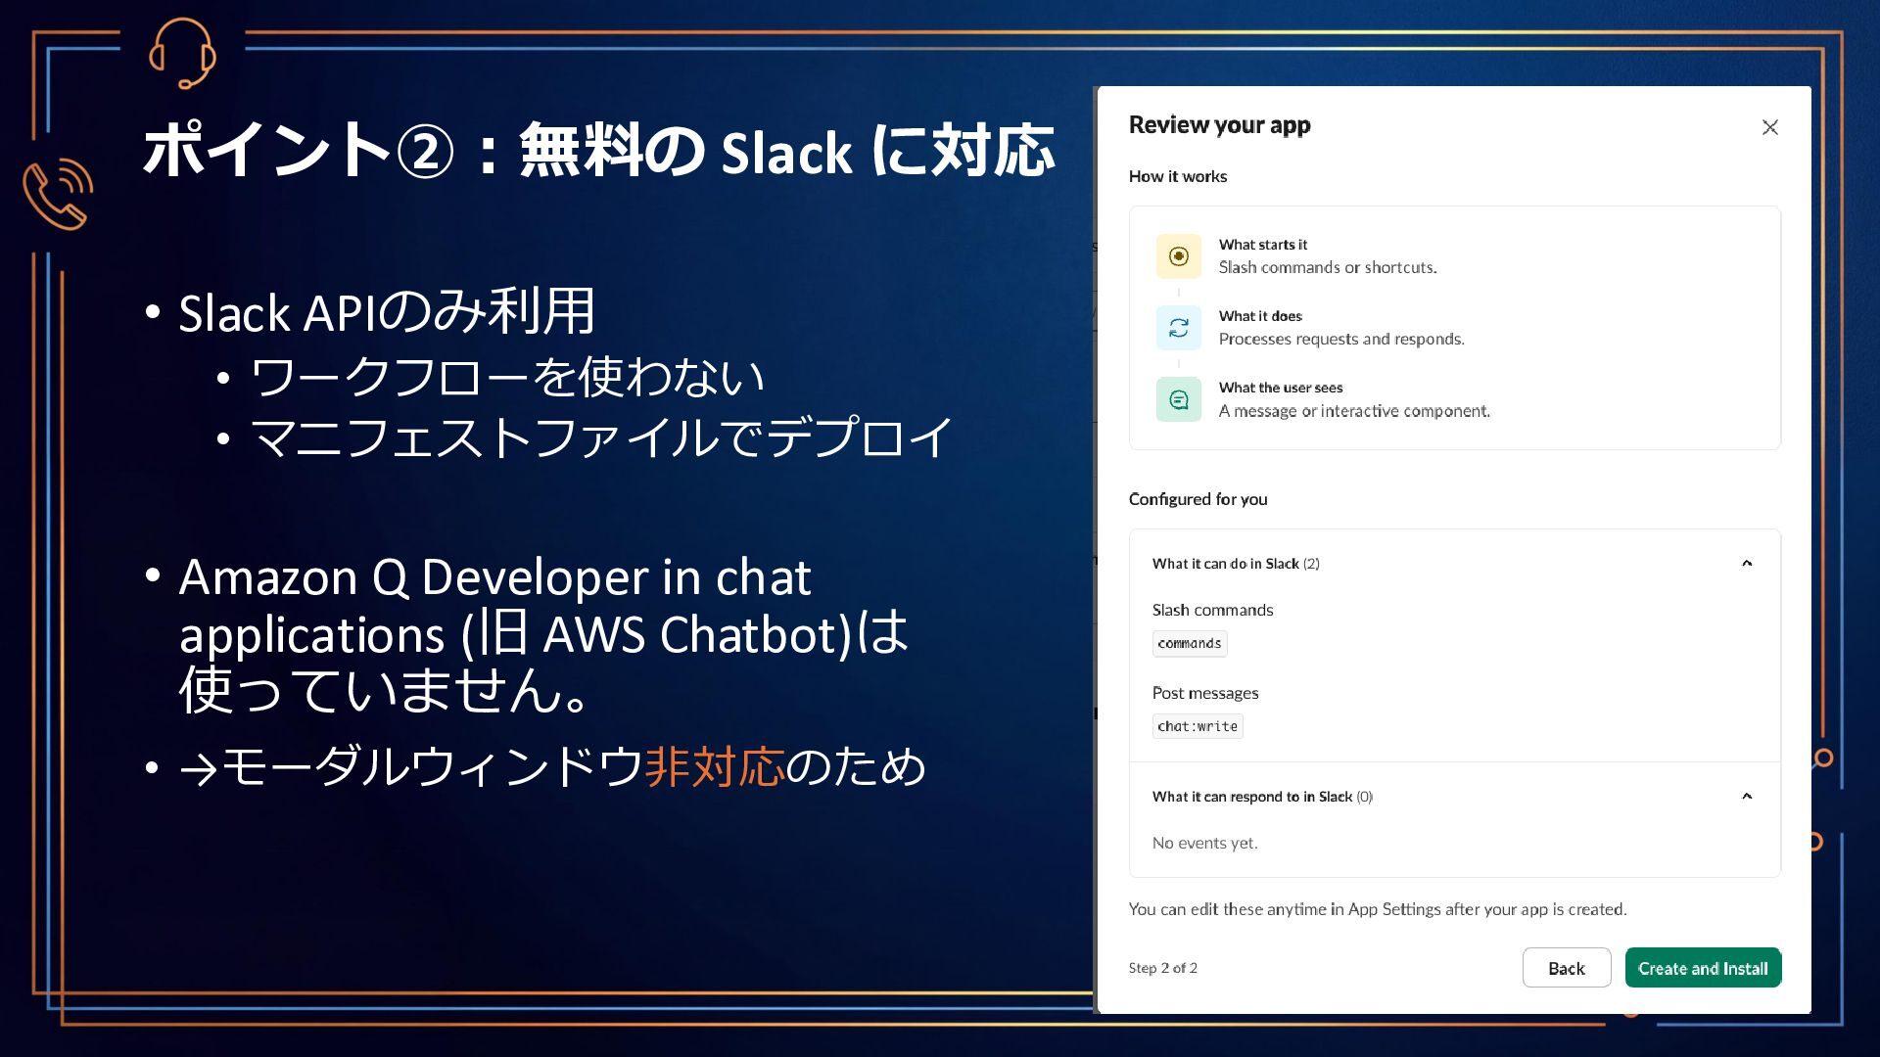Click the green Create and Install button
tap(1703, 968)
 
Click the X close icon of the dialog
tap(1770, 127)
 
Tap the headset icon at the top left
tap(182, 53)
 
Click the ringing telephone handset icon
tap(58, 193)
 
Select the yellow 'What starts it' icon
tap(1179, 256)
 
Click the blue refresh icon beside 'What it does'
tap(1179, 328)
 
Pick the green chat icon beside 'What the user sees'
tap(1179, 399)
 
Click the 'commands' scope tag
tap(1190, 643)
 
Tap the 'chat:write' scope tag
tap(1198, 726)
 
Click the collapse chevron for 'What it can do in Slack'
tap(1747, 563)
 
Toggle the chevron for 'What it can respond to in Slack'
tap(1747, 796)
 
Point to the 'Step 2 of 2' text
tap(1163, 968)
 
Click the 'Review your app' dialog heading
tap(1219, 125)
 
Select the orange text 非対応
tap(715, 766)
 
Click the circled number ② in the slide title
tap(425, 153)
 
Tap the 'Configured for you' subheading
tap(1198, 499)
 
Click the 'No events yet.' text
tap(1204, 843)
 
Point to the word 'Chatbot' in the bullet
tap(755, 634)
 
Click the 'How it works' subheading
tap(1178, 176)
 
